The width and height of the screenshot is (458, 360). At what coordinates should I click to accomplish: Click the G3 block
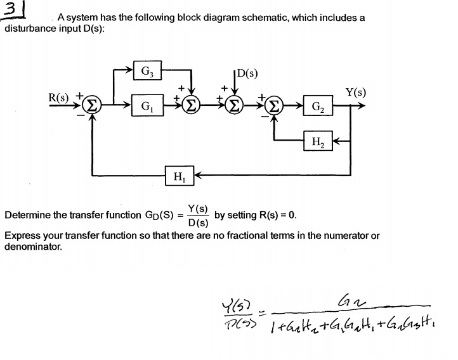(147, 70)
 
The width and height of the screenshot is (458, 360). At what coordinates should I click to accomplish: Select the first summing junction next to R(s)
(92, 105)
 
